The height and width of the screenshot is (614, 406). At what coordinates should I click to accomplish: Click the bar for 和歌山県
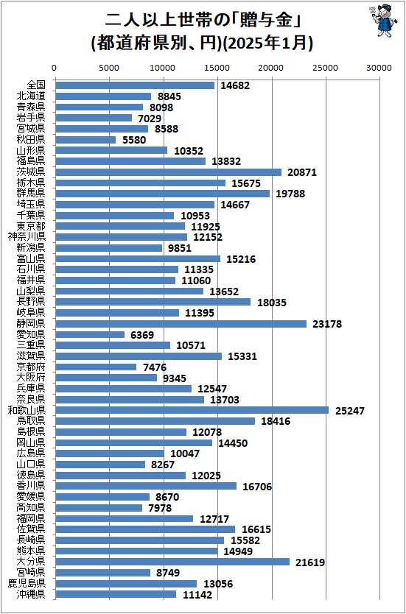(192, 410)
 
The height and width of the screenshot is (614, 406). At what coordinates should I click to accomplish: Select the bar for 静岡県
(181, 324)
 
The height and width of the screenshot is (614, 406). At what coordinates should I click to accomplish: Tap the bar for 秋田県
(85, 140)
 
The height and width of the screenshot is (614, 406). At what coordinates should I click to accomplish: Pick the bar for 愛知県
(89, 334)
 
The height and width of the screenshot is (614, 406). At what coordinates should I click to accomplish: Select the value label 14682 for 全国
(233, 85)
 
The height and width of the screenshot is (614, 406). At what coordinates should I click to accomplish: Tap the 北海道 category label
(32, 96)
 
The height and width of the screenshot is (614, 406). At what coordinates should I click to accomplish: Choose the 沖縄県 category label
(32, 594)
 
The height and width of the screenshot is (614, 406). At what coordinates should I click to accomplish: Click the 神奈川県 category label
(27, 237)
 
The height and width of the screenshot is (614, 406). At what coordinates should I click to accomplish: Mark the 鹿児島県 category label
(27, 583)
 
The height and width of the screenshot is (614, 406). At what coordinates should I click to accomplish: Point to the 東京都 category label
(32, 226)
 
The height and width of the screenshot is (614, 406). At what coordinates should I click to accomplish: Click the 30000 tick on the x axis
(379, 67)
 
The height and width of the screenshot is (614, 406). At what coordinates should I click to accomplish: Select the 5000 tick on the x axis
(109, 67)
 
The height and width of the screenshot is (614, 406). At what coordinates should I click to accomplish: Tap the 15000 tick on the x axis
(217, 67)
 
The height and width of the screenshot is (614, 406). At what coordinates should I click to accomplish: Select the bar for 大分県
(172, 562)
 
